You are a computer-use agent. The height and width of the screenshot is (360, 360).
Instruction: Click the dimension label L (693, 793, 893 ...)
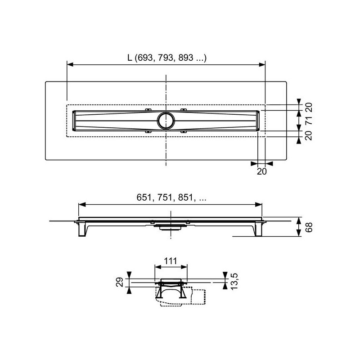[167, 58]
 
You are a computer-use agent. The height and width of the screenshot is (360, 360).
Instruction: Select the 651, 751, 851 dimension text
[171, 198]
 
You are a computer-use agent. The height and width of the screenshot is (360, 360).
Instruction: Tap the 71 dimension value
[309, 120]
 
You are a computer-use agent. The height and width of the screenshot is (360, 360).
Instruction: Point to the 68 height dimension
[309, 227]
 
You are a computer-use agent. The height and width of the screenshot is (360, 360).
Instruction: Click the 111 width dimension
[171, 261]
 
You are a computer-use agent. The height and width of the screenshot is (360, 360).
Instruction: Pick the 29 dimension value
[120, 282]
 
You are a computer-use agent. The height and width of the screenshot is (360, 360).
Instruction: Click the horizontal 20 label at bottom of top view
[262, 171]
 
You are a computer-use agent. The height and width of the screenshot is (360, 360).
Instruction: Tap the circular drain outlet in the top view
[166, 121]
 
